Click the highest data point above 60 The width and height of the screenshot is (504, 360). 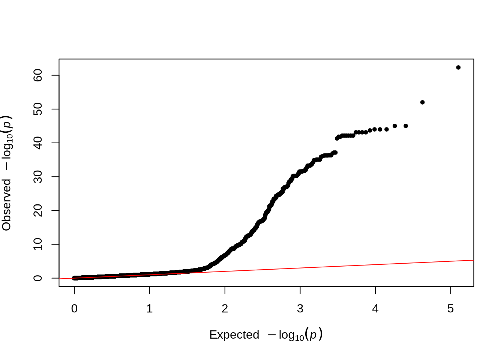(458, 67)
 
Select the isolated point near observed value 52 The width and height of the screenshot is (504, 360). (422, 102)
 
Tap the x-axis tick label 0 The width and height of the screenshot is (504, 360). (74, 309)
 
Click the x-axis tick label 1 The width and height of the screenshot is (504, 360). (150, 309)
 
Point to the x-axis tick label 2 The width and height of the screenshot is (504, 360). (225, 309)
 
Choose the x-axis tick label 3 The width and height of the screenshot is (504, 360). (300, 309)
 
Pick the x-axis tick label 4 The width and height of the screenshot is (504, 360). (375, 309)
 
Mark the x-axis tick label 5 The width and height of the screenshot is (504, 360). (450, 309)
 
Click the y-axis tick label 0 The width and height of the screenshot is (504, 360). (38, 278)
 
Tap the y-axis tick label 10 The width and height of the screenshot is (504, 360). (38, 244)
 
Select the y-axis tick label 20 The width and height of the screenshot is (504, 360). (38, 211)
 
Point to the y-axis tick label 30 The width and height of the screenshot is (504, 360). (38, 177)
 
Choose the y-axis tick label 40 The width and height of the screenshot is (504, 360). (38, 143)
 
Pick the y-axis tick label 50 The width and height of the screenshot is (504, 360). (38, 109)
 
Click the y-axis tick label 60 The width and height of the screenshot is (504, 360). (38, 75)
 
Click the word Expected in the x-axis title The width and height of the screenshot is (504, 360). (234, 334)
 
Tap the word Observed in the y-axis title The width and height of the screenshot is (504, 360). (7, 205)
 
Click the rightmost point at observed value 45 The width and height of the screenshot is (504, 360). (405, 126)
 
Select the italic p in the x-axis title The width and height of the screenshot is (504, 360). (313, 334)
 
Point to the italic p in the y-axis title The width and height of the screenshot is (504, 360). (7, 122)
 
